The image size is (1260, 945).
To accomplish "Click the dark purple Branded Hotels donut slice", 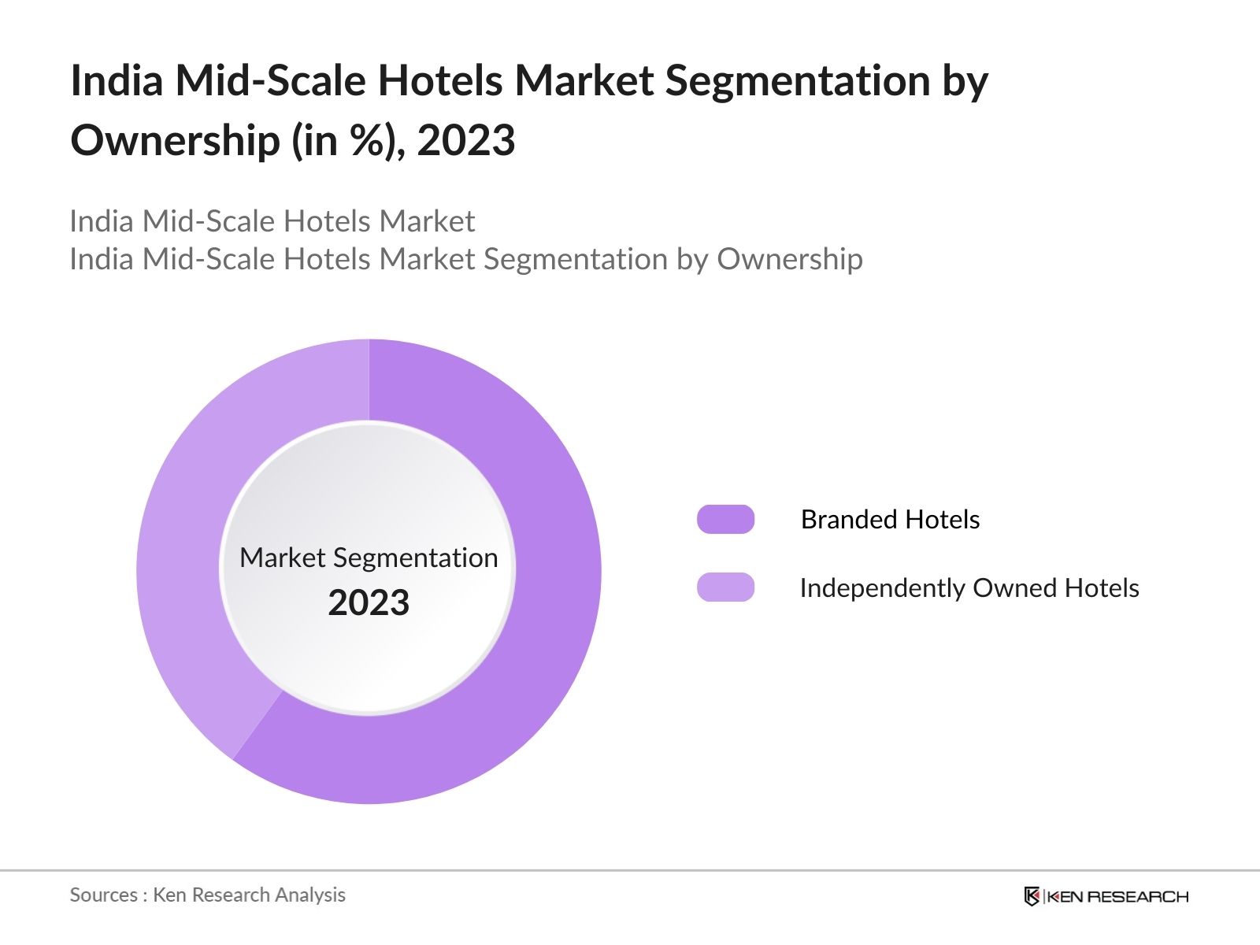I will [543, 630].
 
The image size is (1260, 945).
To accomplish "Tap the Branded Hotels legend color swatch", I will [725, 520].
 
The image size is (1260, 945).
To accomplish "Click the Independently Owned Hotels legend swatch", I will [725, 587].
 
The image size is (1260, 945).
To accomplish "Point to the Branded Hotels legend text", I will [890, 520].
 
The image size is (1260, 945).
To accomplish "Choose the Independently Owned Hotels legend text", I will [969, 588].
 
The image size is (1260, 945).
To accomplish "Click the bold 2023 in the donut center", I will [369, 603].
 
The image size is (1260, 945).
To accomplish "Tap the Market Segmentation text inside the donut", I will [369, 558].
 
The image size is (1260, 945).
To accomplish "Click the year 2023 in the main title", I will [466, 142].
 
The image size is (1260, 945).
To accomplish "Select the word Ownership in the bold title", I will [175, 142].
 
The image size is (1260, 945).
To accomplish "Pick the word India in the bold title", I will [117, 81].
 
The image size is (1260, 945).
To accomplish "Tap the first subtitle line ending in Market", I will [272, 221].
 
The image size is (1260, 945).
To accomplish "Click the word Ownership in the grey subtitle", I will [789, 259].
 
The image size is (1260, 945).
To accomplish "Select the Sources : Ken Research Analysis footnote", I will [207, 895].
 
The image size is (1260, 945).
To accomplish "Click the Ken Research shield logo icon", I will [1032, 896].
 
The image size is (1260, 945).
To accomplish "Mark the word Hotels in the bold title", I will [440, 81].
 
